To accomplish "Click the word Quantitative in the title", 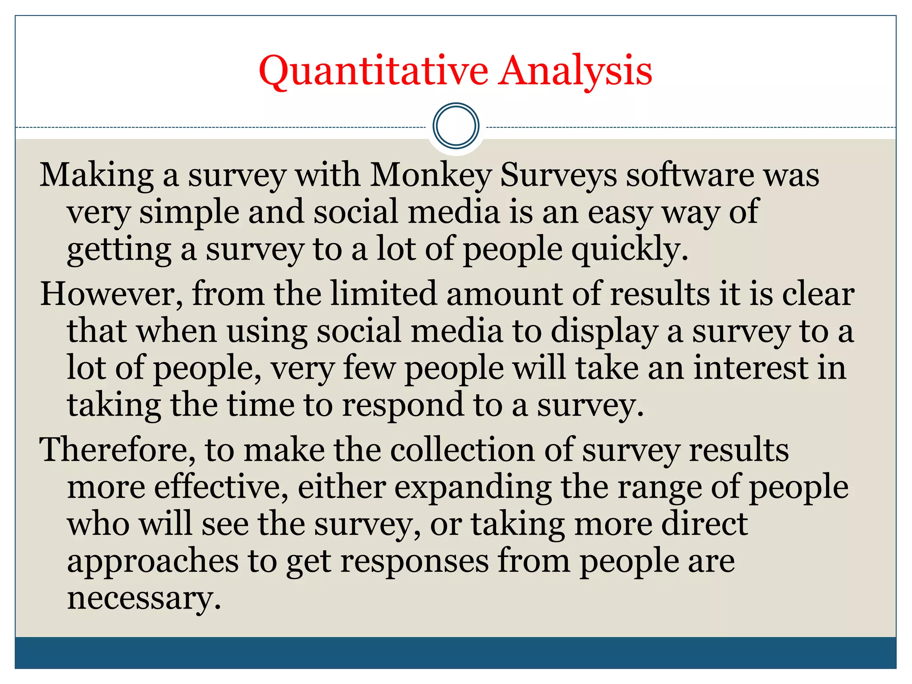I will pos(373,71).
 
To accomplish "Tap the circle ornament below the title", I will pos(456,126).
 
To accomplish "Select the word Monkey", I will pos(431,175).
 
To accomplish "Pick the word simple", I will pos(189,212).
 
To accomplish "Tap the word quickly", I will pos(630,249).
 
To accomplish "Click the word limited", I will pos(383,294).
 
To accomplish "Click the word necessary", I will pos(144,598).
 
